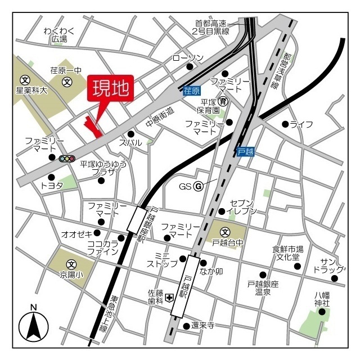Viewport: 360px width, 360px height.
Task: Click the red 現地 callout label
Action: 110,88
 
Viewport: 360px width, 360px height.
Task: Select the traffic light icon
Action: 67,159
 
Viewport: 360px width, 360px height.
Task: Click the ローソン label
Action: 188,58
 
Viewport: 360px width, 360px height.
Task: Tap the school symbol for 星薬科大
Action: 25,80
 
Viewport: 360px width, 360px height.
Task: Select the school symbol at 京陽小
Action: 71,264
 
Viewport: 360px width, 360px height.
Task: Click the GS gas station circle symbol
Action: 198,186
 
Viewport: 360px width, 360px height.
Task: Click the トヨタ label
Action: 52,185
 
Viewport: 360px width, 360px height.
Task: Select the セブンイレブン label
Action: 242,206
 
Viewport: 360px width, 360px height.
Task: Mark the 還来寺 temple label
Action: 202,326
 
